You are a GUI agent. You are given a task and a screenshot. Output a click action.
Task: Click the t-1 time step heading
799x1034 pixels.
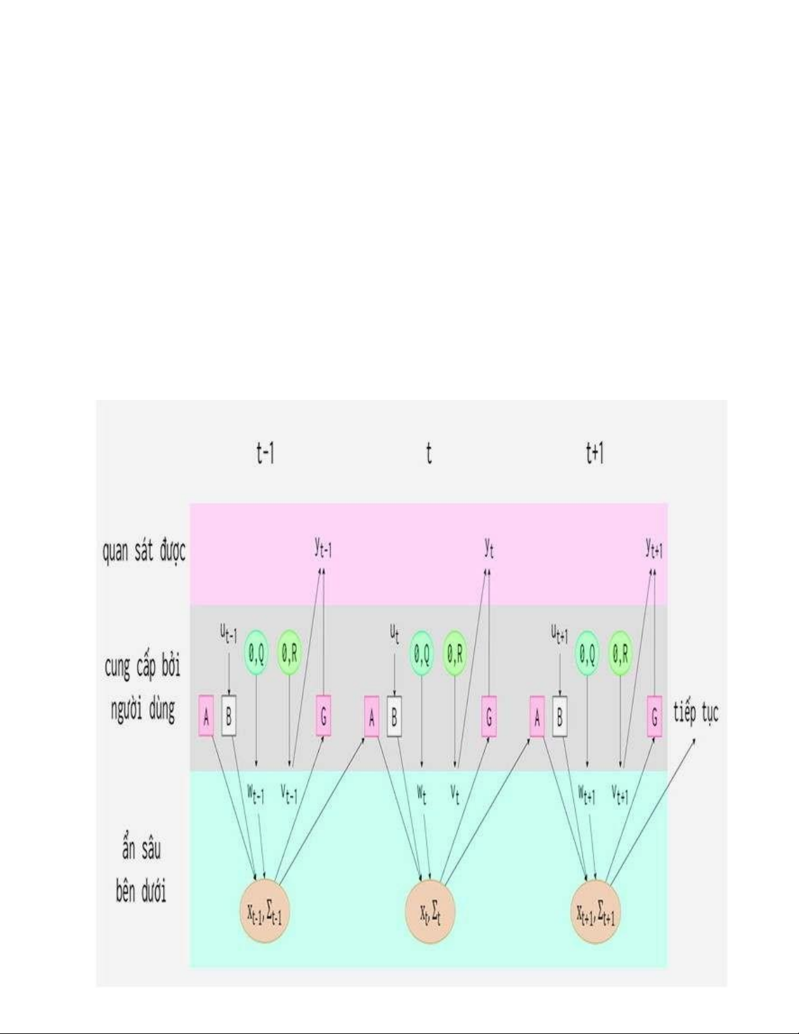tap(265, 453)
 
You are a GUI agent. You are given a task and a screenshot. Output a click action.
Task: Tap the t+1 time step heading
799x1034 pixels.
tap(595, 453)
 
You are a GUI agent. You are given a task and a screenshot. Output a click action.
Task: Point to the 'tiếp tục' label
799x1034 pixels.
tap(696, 713)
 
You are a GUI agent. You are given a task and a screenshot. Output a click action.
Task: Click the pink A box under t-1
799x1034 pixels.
tap(206, 716)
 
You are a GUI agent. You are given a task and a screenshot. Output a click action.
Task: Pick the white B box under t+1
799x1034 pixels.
tap(560, 716)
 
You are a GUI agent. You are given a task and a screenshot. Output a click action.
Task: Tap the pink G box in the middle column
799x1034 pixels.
tap(489, 716)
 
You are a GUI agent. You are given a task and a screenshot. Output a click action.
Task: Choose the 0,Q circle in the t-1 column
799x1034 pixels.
tap(256, 653)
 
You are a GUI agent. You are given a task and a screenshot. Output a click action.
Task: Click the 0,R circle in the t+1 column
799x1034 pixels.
tap(621, 653)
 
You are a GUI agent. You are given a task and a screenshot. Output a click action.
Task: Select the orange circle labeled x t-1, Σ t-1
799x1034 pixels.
tap(264, 911)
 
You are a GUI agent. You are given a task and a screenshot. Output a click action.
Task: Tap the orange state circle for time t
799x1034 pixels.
tap(430, 911)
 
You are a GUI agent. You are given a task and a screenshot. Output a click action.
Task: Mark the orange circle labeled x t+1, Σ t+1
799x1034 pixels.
tap(595, 911)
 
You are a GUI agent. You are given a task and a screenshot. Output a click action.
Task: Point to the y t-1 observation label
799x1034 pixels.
tap(323, 549)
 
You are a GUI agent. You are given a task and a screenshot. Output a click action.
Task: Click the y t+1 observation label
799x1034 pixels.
tap(654, 549)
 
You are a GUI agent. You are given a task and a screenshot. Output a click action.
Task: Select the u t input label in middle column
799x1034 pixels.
tap(394, 634)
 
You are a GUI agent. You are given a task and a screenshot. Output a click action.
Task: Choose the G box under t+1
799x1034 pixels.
tap(654, 716)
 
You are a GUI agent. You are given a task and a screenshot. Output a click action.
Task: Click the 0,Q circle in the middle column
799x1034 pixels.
tap(422, 653)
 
